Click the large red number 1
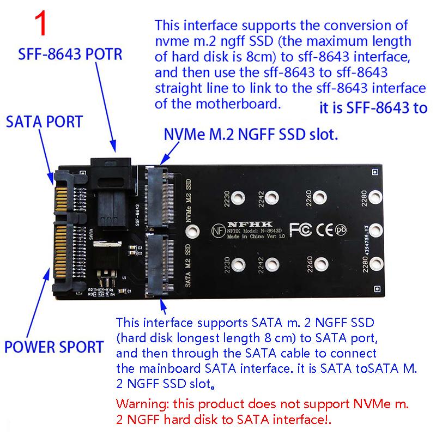(x=43, y=25)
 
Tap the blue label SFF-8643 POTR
(x=70, y=55)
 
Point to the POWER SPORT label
(x=54, y=346)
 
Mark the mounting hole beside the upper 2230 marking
(x=237, y=199)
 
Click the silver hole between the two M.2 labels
(x=191, y=233)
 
